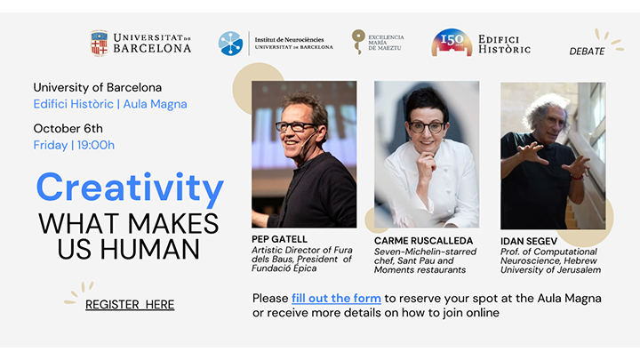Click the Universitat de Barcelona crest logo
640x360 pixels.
click(100, 43)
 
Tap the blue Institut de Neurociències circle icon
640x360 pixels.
click(230, 44)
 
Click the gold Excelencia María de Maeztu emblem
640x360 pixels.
click(358, 41)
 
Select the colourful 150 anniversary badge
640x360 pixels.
click(452, 43)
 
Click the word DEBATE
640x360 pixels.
click(587, 52)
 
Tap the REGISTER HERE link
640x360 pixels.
click(130, 305)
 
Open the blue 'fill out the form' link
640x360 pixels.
click(336, 299)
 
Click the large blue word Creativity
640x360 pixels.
click(130, 188)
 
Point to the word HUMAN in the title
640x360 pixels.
click(150, 250)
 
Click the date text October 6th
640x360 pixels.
click(68, 129)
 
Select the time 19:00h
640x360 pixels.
click(96, 145)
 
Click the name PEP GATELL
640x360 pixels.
click(280, 239)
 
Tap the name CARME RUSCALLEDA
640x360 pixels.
click(424, 241)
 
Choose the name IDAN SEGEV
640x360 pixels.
click(529, 241)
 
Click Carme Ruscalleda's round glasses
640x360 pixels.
click(427, 127)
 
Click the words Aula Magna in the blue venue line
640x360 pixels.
click(155, 104)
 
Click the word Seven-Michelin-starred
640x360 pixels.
click(425, 252)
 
